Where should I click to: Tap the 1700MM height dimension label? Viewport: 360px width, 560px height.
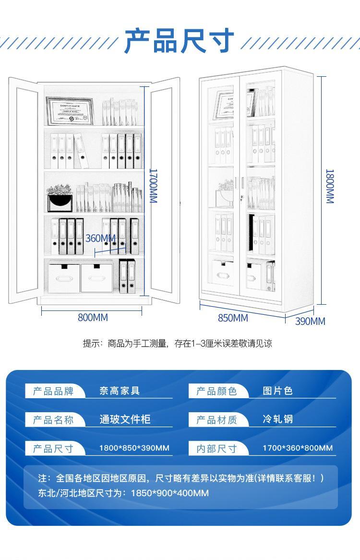pyautogui.click(x=153, y=186)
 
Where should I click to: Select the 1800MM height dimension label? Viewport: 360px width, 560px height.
pyautogui.click(x=329, y=186)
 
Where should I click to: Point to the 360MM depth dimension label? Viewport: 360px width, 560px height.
pyautogui.click(x=101, y=238)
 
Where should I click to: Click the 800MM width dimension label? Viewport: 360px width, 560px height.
pyautogui.click(x=93, y=318)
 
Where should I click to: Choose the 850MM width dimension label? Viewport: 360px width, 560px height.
pyautogui.click(x=233, y=318)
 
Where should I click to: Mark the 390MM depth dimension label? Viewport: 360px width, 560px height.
pyautogui.click(x=310, y=321)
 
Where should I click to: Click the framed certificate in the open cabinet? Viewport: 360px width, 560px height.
pyautogui.click(x=70, y=110)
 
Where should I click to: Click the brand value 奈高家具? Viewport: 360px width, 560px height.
pyautogui.click(x=120, y=391)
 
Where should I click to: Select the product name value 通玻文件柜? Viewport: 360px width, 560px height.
pyautogui.click(x=125, y=419)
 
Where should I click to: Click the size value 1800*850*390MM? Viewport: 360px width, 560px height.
pyautogui.click(x=134, y=448)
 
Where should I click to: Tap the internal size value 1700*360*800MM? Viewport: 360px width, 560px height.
pyautogui.click(x=298, y=448)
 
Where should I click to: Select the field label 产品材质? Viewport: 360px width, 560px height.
pyautogui.click(x=216, y=420)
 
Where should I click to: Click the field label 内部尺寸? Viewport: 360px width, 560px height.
pyautogui.click(x=216, y=449)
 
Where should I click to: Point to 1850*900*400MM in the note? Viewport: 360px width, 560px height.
pyautogui.click(x=170, y=493)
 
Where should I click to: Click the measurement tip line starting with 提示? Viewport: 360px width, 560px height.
pyautogui.click(x=178, y=344)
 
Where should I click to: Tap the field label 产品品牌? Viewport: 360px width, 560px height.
pyautogui.click(x=53, y=391)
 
